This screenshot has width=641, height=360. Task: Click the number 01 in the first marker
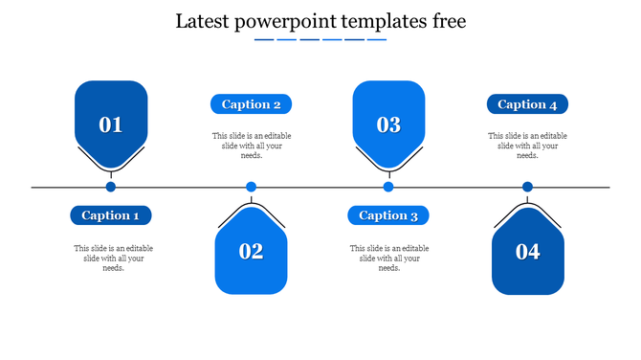coord(111,124)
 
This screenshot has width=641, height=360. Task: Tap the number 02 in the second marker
coord(251,252)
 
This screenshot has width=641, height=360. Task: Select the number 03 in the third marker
coord(388,124)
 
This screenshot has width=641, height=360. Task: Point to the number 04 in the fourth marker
coord(528,252)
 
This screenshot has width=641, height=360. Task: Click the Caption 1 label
coord(111,215)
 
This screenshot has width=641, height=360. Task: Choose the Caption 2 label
coord(251,104)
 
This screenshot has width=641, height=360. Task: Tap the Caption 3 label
coord(388,215)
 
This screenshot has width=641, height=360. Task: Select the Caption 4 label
coord(527,104)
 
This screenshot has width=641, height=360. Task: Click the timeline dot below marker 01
coord(111,188)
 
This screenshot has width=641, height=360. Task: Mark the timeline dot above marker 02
coord(251,188)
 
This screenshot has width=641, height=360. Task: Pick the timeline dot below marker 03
coord(388,188)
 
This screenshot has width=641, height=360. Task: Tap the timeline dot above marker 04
coord(527,188)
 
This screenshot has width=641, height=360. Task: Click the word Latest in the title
coord(204,21)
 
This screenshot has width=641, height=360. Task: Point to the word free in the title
coord(447,21)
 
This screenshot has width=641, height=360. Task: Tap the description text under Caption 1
coord(113,259)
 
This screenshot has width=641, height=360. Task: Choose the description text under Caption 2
coord(252,146)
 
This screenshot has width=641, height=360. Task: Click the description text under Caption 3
coord(389,259)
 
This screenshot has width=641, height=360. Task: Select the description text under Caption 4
coord(527,146)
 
